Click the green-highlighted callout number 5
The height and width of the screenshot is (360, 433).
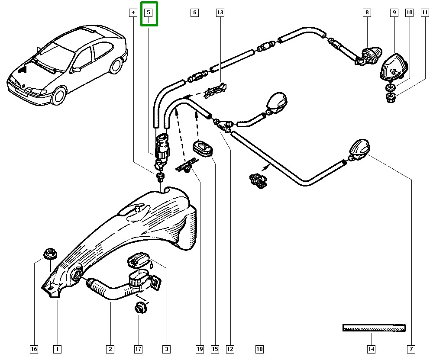(149, 13)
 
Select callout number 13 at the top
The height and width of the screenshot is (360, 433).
(220, 13)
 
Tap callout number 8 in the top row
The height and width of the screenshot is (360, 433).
(367, 13)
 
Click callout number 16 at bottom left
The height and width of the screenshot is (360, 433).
(34, 349)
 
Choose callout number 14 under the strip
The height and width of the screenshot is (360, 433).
(371, 349)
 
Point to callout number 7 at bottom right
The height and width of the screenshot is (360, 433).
(411, 349)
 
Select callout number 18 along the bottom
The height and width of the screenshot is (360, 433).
(259, 349)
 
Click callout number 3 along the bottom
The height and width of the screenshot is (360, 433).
(166, 349)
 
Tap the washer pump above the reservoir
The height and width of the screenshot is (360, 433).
(163, 147)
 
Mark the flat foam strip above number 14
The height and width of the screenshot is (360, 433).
(374, 328)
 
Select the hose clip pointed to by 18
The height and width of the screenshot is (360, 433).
(258, 181)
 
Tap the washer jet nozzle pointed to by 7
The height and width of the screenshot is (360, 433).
(359, 149)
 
